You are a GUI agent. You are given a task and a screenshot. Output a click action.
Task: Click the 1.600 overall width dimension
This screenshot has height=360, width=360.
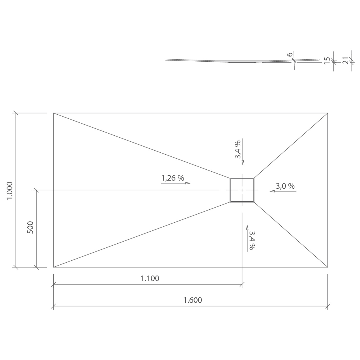click(x=193, y=300)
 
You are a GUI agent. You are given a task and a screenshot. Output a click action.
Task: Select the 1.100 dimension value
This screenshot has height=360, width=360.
click(x=150, y=278)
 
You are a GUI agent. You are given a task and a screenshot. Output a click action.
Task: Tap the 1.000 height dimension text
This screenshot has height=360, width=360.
click(x=10, y=190)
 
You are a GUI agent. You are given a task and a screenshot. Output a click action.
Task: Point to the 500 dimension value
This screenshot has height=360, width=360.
click(x=30, y=228)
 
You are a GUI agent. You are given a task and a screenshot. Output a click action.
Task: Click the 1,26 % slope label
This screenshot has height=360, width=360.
click(x=173, y=178)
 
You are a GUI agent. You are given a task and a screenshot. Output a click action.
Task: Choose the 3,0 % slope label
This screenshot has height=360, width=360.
click(x=285, y=186)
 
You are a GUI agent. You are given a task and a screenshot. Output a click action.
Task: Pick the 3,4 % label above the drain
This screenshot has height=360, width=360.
click(x=237, y=149)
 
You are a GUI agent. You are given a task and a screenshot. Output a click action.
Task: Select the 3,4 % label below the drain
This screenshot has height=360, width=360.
click(x=252, y=240)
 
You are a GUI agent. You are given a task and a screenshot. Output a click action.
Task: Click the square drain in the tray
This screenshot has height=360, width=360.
click(x=242, y=190)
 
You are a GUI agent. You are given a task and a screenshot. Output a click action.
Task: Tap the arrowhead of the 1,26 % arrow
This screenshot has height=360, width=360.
click(x=188, y=183)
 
